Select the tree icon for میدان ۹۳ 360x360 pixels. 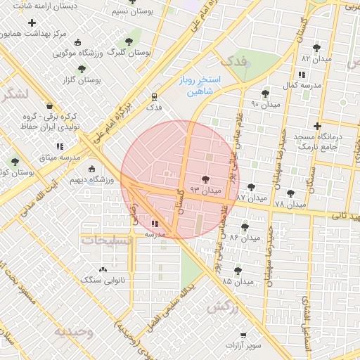coord(205,179)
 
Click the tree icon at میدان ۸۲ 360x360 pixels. coord(316,48)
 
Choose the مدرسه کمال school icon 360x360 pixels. coord(302,75)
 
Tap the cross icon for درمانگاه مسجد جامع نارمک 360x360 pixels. coord(318,126)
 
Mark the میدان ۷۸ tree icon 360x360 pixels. coord(290,193)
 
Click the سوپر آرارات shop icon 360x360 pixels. coord(243,335)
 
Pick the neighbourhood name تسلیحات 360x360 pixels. coord(107,240)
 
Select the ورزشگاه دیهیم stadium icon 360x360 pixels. coord(91,169)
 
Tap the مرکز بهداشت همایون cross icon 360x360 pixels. coord(32,22)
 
